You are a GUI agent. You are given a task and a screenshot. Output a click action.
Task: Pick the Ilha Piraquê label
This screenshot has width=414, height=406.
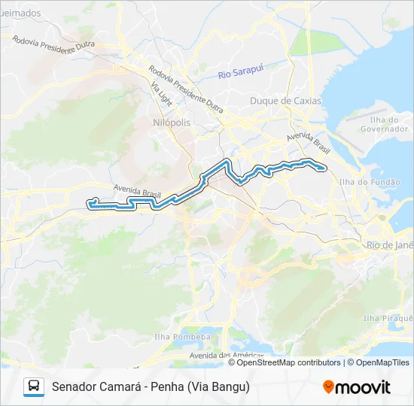tap(388, 319)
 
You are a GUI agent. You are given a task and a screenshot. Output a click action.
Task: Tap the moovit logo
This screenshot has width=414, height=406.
tap(357, 387)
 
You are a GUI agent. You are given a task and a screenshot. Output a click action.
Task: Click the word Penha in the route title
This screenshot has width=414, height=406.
tap(169, 387)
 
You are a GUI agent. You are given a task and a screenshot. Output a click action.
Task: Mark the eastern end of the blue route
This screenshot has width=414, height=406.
tap(324, 168)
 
